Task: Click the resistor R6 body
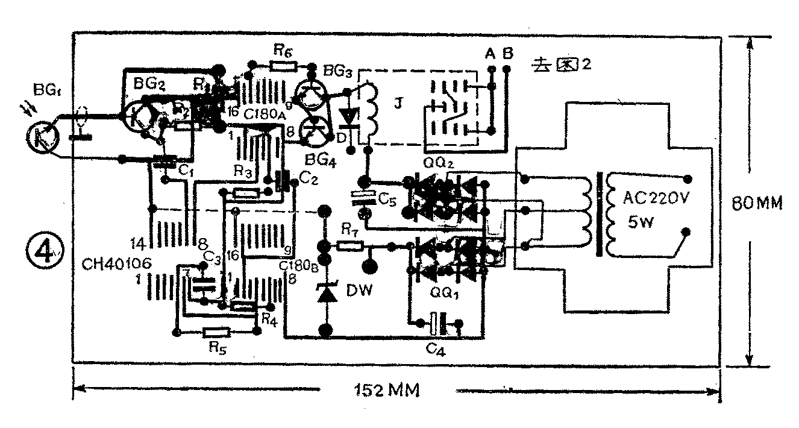coord(283,65)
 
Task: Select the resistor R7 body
coord(349,245)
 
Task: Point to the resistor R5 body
coord(216,332)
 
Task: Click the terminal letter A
coord(490,54)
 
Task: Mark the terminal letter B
coord(507,54)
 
